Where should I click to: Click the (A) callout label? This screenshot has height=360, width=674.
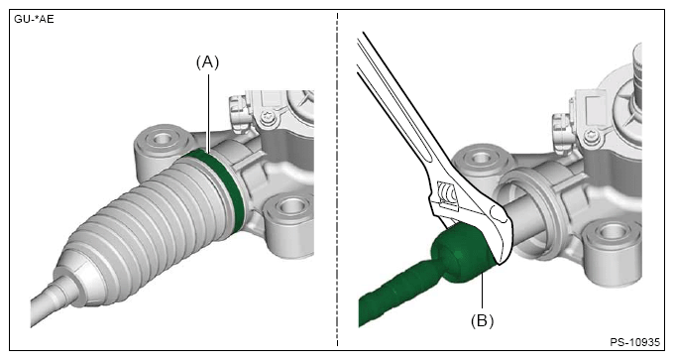click(x=207, y=62)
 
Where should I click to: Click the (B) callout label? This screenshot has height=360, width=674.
click(x=483, y=321)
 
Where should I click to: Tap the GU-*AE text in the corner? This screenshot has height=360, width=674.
click(x=35, y=20)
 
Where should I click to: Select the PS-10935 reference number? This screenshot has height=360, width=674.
click(x=634, y=342)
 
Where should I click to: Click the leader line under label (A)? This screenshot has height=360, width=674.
click(x=209, y=113)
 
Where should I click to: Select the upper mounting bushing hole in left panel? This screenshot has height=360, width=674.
click(x=163, y=139)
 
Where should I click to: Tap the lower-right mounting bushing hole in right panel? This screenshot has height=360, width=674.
click(x=611, y=232)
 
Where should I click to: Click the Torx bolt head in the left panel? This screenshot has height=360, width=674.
click(x=268, y=116)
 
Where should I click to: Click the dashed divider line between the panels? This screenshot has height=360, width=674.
click(x=337, y=180)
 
